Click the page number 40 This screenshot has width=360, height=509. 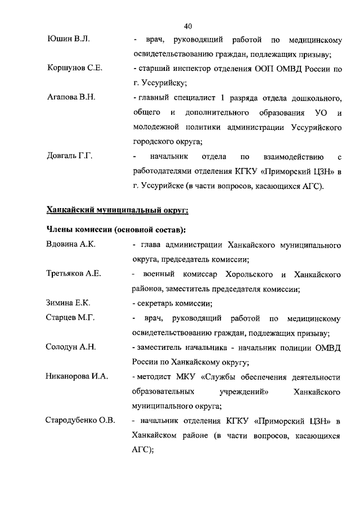(x=188, y=25)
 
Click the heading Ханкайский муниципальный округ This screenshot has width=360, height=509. (x=116, y=210)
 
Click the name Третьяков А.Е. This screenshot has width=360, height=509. (x=73, y=274)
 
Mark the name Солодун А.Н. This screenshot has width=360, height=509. (x=70, y=347)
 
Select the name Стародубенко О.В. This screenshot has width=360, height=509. (x=80, y=420)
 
